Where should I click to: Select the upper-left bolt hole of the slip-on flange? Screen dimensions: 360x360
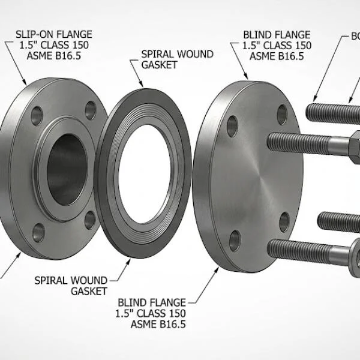pos(37,116)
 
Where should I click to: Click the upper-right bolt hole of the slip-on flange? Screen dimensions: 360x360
pos(91,110)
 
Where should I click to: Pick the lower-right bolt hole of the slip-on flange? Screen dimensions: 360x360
pos(90,220)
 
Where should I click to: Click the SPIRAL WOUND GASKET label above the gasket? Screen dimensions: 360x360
pos(177,59)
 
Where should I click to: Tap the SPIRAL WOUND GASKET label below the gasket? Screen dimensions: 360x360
pos(71,286)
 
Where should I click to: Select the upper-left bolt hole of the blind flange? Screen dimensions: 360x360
pos(232,126)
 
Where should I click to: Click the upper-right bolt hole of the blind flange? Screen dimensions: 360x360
pos(282,114)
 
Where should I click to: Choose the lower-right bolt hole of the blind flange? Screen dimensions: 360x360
pos(284,221)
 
